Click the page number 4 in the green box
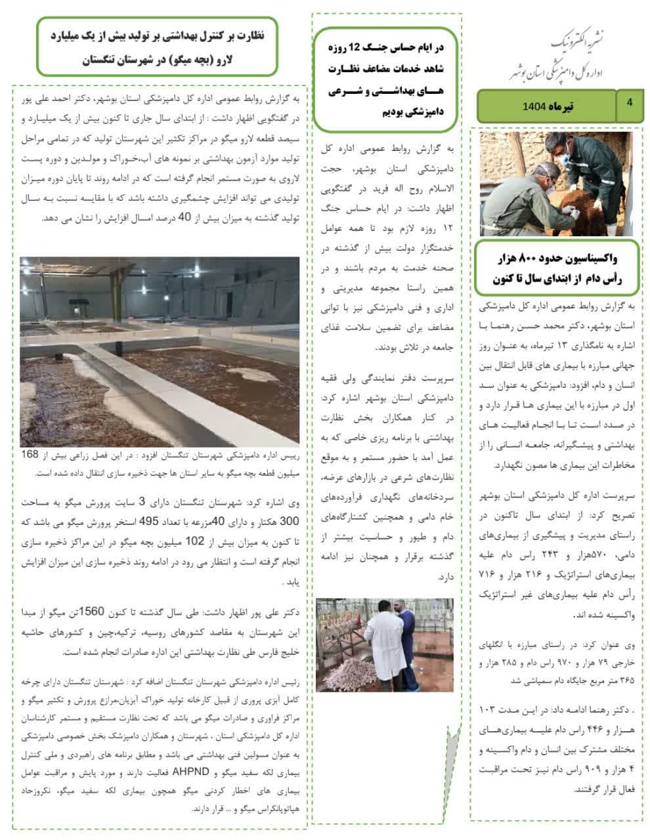(x=630, y=102)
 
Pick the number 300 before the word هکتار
(x=289, y=521)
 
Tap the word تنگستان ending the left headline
(x=108, y=60)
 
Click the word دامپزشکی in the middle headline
(x=420, y=112)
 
